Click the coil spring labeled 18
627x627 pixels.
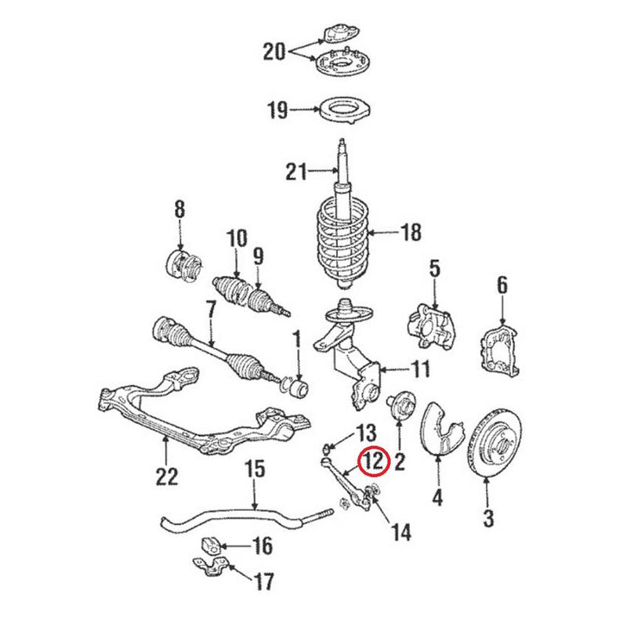click(x=342, y=235)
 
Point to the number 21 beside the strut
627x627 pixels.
click(x=294, y=171)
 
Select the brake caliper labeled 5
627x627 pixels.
click(x=429, y=324)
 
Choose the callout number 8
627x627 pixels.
click(x=179, y=209)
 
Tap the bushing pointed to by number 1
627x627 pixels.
click(x=299, y=388)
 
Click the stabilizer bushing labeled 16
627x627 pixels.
click(x=213, y=543)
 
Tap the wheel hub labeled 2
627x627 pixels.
click(x=399, y=406)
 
